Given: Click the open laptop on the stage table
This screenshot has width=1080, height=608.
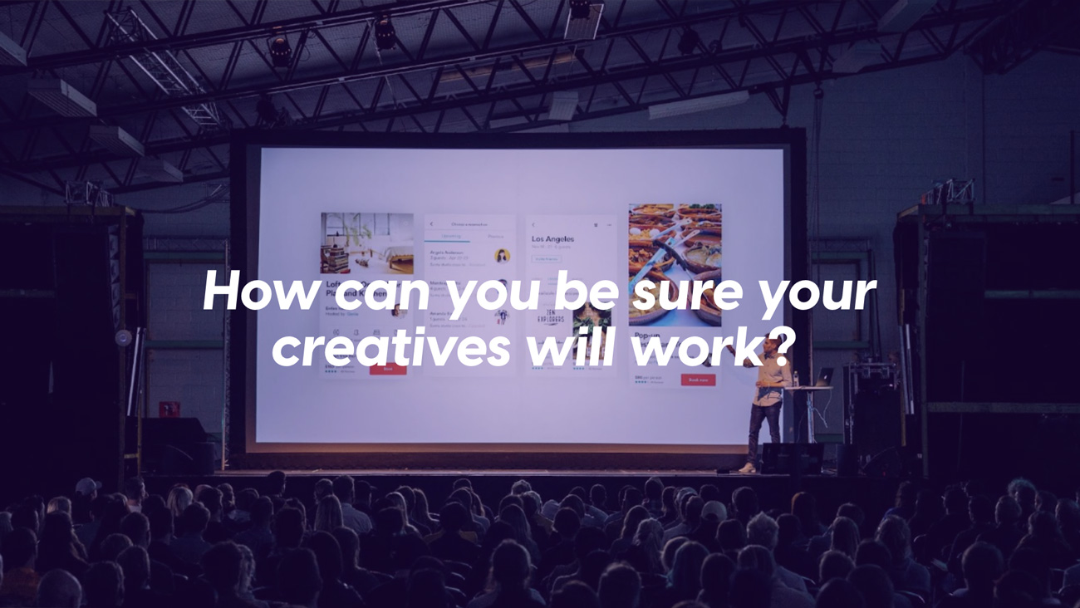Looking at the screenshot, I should click(823, 377).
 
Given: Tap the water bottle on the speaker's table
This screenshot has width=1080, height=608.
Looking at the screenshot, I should click(795, 379).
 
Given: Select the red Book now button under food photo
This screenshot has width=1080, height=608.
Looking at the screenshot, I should click(698, 380).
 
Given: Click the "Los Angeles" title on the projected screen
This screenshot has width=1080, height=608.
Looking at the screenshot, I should click(553, 238).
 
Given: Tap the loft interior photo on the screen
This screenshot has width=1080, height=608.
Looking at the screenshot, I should click(366, 243).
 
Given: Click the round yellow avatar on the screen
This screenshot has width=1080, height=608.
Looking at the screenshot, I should click(502, 256).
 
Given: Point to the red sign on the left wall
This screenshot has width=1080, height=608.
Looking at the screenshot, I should click(169, 409).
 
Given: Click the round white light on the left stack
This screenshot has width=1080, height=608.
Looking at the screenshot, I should click(124, 338).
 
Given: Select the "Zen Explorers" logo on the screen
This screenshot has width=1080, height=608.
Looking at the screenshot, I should click(550, 316).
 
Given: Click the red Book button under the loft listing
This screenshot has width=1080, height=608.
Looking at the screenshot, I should click(387, 369).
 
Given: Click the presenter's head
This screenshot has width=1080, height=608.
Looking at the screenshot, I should click(772, 343).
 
